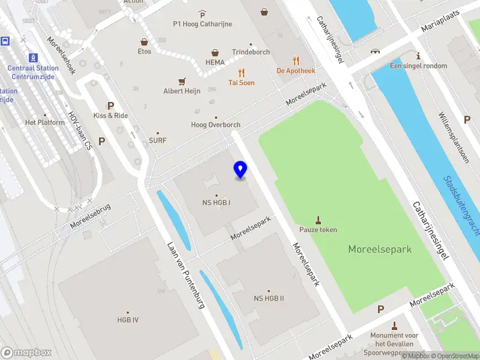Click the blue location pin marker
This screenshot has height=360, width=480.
click(x=241, y=170)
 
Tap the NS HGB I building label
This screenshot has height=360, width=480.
click(x=217, y=202)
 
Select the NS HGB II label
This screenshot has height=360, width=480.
click(x=269, y=298)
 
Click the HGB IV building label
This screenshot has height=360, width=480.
click(x=128, y=320)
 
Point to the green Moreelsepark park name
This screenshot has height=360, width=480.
click(x=380, y=249)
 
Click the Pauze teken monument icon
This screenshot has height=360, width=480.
click(x=319, y=220)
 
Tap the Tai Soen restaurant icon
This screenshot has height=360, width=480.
click(x=241, y=73)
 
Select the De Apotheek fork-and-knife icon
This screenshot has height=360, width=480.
click(x=296, y=60)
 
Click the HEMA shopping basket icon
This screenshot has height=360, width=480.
click(x=215, y=53)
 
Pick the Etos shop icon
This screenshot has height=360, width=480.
click(x=144, y=42)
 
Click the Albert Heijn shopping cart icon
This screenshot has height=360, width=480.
click(x=181, y=82)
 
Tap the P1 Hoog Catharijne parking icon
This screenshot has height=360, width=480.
click(x=202, y=14)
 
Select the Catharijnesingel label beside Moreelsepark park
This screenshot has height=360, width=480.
click(x=431, y=230)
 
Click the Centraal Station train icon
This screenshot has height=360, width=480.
click(x=33, y=58)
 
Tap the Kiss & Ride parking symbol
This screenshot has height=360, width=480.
click(x=110, y=105)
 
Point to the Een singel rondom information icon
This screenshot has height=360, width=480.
click(x=418, y=56)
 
